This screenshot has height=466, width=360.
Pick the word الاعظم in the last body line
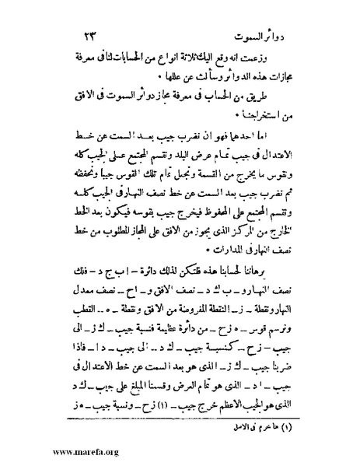(232, 402)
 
